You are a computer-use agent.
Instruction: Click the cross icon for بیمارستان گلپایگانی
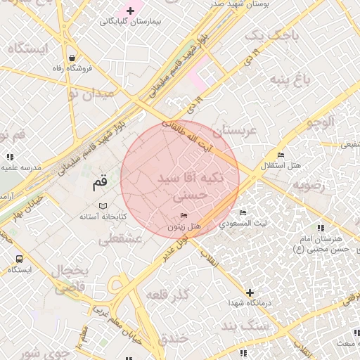pyautogui.click(x=130, y=11)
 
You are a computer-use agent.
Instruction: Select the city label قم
pyautogui.click(x=100, y=184)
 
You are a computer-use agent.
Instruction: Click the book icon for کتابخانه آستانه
pyautogui.click(x=103, y=205)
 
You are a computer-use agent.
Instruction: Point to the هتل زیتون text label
pyautogui.click(x=184, y=227)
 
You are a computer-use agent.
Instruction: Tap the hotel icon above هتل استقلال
pyautogui.click(x=281, y=155)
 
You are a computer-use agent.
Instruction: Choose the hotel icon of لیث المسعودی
pyautogui.click(x=243, y=213)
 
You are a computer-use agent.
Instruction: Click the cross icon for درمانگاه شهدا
pyautogui.click(x=249, y=292)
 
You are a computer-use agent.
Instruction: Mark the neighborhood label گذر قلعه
pyautogui.click(x=168, y=294)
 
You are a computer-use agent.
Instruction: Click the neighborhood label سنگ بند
pyautogui.click(x=240, y=325)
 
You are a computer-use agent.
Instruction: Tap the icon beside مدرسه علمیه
pyautogui.click(x=10, y=157)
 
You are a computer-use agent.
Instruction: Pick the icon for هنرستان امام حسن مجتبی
pyautogui.click(x=321, y=228)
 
